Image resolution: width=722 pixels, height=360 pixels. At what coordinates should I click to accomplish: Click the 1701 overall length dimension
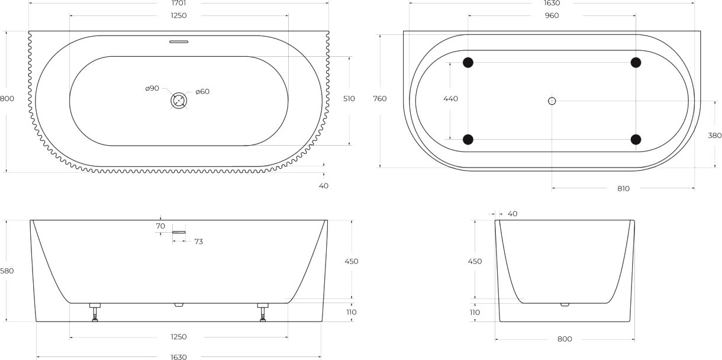pyautogui.click(x=179, y=3)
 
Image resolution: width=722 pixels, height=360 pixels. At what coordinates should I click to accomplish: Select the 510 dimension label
pyautogui.click(x=349, y=98)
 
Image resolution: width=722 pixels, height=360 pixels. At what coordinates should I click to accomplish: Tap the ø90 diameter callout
pyautogui.click(x=152, y=88)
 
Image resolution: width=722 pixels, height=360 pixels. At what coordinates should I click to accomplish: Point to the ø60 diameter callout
pyautogui.click(x=202, y=92)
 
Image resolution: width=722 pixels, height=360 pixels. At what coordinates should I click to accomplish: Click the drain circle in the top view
pyautogui.click(x=179, y=101)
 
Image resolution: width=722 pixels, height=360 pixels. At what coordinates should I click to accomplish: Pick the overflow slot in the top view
pyautogui.click(x=179, y=41)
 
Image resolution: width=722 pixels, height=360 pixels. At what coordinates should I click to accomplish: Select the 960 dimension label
pyautogui.click(x=552, y=15)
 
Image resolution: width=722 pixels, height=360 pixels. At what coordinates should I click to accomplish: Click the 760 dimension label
pyautogui.click(x=380, y=98)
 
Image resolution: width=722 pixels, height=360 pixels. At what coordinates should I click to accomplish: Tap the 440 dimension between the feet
pyautogui.click(x=450, y=98)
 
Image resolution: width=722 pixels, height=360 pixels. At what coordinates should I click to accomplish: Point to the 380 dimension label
pyautogui.click(x=714, y=136)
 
